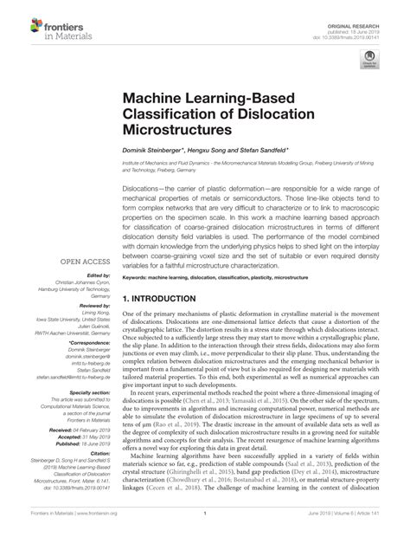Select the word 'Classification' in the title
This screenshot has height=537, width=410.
coord(174,112)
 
